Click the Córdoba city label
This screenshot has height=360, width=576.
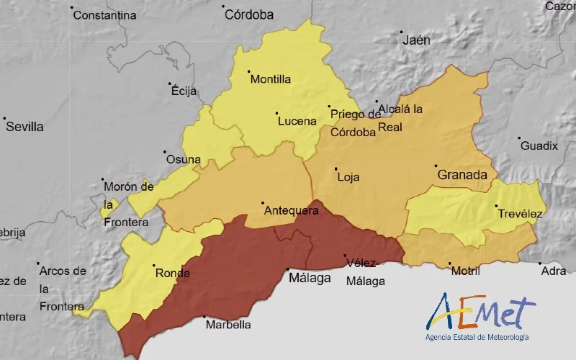point(249,14)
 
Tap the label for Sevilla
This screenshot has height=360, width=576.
point(24,127)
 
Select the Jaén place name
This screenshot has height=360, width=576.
point(416,40)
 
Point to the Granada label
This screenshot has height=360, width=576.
point(462,175)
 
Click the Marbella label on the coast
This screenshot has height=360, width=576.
point(228,325)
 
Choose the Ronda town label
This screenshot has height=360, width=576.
point(172,273)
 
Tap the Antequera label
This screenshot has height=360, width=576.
point(291,211)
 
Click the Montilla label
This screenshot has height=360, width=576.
point(270,79)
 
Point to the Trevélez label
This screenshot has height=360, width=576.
point(519,214)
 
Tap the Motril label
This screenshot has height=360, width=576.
point(464,271)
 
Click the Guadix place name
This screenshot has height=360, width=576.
point(539,146)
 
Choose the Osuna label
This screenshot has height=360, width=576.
point(182,160)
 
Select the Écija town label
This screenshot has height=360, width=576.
point(184,91)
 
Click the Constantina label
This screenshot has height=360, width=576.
point(104,15)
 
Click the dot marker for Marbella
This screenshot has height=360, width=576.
point(204,317)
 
